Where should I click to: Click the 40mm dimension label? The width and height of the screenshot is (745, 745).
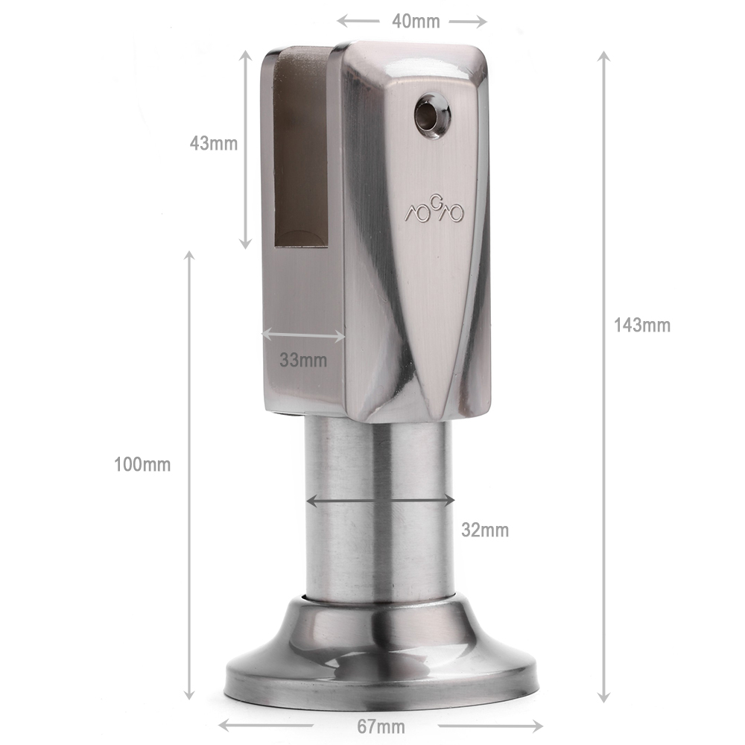click(x=416, y=22)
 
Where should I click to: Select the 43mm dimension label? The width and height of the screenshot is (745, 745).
click(x=213, y=144)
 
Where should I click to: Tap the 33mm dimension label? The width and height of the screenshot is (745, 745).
click(x=303, y=360)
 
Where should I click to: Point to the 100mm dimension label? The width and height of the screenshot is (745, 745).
click(x=142, y=464)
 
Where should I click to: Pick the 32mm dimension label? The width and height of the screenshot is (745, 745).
click(x=485, y=530)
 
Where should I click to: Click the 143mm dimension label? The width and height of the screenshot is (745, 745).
click(x=642, y=326)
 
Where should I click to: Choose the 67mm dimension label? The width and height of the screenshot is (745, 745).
click(x=381, y=726)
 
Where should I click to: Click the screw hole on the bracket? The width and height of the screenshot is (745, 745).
click(x=432, y=113)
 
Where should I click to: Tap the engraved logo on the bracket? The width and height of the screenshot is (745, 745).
click(x=434, y=210)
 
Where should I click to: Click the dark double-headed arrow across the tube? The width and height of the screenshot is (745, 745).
click(x=381, y=501)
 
